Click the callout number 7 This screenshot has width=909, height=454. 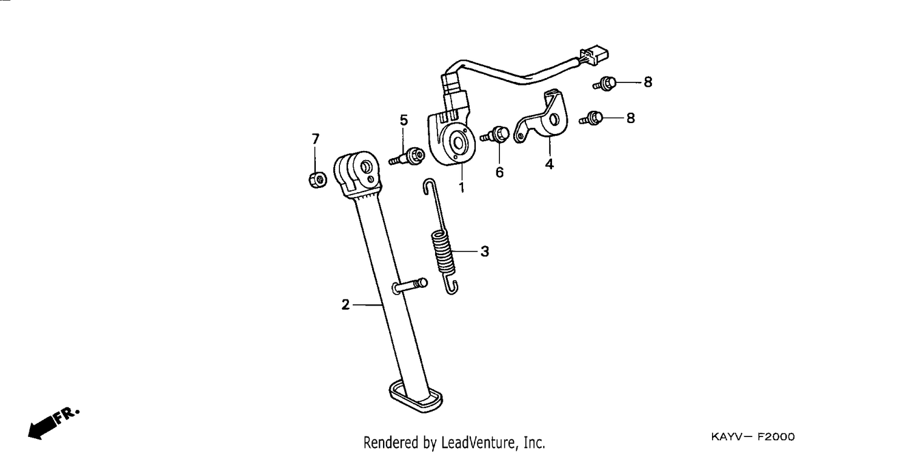316,139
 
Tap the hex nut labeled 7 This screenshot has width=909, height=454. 318,180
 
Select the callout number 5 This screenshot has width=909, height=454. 404,120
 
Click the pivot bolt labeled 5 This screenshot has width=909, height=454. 407,157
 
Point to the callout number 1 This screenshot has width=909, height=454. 461,187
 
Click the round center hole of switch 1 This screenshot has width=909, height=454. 459,143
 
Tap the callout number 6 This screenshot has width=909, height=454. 499,172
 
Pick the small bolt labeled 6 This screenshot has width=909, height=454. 496,135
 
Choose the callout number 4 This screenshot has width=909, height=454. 549,164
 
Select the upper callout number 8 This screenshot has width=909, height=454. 648,82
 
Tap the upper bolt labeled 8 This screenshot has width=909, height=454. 605,84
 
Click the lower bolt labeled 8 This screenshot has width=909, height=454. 591,118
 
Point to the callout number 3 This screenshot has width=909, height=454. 485,252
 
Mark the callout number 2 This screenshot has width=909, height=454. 345,304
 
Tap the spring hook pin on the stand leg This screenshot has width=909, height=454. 410,285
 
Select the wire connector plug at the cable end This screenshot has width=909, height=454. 594,55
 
